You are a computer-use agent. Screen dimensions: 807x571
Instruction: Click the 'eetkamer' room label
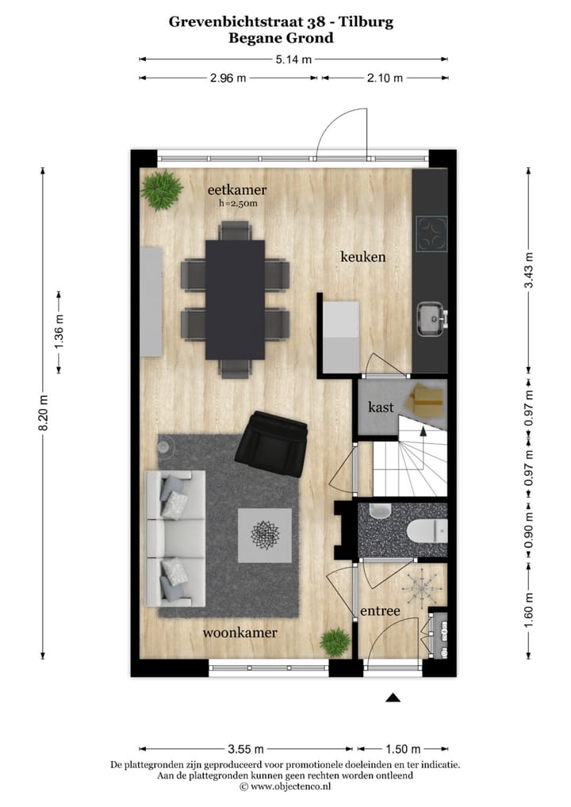pyautogui.click(x=236, y=190)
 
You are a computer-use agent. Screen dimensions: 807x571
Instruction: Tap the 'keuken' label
pyautogui.click(x=362, y=257)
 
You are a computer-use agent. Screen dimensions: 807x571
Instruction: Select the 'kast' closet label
pyautogui.click(x=381, y=407)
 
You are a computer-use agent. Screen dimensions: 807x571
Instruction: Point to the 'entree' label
pyautogui.click(x=380, y=611)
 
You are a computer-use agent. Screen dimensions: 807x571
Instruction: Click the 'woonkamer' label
pyautogui.click(x=240, y=633)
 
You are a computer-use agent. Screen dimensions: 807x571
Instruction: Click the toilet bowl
pyautogui.click(x=425, y=530)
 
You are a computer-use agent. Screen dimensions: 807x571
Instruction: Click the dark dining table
pyautogui.click(x=235, y=299)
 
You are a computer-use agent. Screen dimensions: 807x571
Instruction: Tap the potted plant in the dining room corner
pyautogui.click(x=162, y=189)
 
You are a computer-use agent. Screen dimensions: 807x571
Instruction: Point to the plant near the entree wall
pyautogui.click(x=335, y=641)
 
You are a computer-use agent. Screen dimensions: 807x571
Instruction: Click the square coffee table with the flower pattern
pyautogui.click(x=264, y=535)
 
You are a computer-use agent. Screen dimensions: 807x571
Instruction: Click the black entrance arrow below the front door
pyautogui.click(x=393, y=698)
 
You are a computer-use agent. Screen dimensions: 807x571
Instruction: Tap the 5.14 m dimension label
pyautogui.click(x=293, y=59)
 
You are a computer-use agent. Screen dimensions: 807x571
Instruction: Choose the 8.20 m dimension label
pyautogui.click(x=44, y=412)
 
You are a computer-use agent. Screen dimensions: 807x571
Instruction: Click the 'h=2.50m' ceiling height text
pyautogui.click(x=238, y=204)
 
